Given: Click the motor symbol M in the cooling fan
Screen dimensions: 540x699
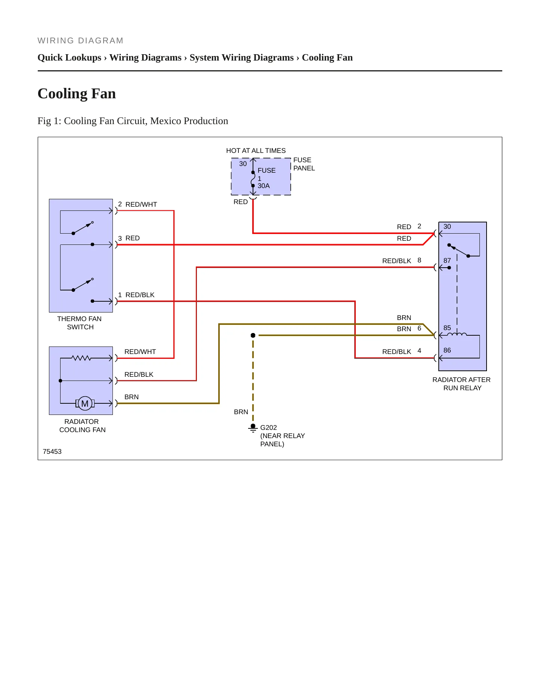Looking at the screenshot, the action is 85,403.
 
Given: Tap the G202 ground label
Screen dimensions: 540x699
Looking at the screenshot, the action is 268,427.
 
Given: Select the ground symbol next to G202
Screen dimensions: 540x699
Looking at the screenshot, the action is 253,428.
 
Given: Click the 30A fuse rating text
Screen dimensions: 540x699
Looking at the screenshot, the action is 263,186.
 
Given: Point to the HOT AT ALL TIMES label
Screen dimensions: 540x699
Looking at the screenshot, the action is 256,151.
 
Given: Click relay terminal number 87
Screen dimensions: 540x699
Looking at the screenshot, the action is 447,261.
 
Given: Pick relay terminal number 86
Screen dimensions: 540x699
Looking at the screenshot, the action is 447,350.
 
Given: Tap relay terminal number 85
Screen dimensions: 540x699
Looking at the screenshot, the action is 447,328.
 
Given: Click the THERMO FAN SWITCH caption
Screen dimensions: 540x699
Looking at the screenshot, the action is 80,323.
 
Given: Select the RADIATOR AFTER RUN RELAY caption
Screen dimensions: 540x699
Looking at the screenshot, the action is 462,384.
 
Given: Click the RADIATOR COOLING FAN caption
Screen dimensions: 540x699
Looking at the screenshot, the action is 82,426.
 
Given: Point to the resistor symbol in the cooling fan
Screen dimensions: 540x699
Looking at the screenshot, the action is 81,358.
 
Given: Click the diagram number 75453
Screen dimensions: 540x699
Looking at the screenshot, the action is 52,452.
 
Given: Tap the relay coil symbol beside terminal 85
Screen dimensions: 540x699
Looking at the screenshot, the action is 459,334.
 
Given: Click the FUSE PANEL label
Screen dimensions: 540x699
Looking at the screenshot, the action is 304,164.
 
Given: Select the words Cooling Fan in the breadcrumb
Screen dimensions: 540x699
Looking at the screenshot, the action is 327,58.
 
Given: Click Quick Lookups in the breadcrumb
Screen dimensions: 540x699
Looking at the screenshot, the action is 70,58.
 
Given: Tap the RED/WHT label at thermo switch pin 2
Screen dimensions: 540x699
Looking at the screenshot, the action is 141,204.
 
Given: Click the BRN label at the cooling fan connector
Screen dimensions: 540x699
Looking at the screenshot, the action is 132,397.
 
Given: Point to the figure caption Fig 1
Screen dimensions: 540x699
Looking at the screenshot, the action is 133,121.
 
